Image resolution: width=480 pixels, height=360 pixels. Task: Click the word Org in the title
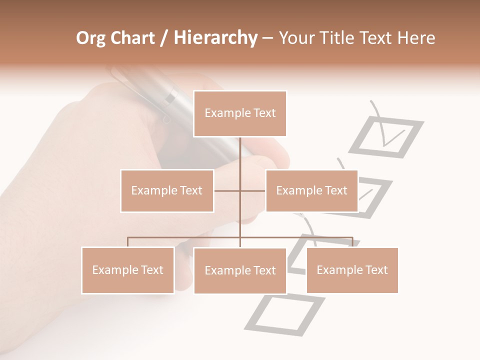[x=91, y=38]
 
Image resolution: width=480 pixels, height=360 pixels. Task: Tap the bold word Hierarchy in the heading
[x=215, y=38]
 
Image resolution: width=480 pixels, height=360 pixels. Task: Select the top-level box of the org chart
[x=240, y=113]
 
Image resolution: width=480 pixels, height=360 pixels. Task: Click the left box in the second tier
[x=167, y=190]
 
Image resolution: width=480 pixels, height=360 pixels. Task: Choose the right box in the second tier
[x=311, y=190]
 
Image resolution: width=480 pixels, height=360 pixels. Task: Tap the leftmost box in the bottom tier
[x=127, y=270]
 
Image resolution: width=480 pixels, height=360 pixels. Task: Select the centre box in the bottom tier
[x=240, y=270]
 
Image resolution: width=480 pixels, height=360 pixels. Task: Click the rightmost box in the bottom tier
[x=352, y=270]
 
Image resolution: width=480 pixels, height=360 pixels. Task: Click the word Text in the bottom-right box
[x=376, y=270]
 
